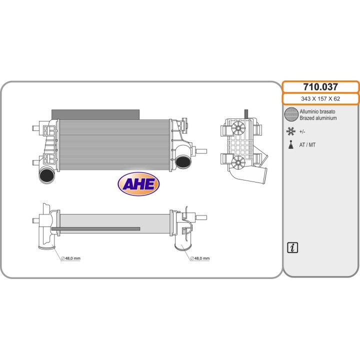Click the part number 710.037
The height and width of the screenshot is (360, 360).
[320, 87]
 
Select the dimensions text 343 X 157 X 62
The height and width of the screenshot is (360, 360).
[320, 99]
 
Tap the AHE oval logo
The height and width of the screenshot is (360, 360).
[138, 183]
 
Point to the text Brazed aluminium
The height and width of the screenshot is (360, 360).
[318, 118]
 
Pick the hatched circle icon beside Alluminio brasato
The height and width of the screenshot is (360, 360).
[290, 114]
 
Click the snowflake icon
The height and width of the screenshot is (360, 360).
[290, 132]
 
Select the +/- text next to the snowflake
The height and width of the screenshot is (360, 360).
[303, 132]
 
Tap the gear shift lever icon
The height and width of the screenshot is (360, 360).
[290, 145]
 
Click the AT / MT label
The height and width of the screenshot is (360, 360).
[308, 145]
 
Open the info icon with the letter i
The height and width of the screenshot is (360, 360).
[292, 247]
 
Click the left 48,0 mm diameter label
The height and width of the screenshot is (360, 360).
[70, 258]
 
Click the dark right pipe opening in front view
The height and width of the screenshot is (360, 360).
[182, 161]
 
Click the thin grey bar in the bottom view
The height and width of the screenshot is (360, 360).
[95, 229]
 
